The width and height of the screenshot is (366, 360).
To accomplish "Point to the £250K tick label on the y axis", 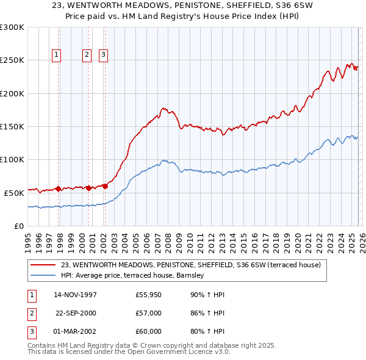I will [12, 60].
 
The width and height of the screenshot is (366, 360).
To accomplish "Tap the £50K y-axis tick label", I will [13, 192].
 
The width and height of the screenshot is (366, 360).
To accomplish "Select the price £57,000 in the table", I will [149, 313].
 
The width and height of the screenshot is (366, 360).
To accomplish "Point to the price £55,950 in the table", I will [149, 295].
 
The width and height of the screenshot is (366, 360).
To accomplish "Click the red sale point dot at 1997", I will [58, 189].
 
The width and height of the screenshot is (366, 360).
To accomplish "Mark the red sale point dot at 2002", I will [104, 186].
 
